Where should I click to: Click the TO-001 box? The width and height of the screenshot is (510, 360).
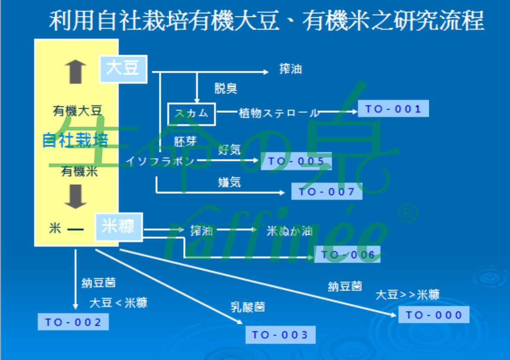point(393,109)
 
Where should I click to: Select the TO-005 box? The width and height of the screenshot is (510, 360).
point(296,161)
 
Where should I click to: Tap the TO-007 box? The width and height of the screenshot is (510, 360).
point(326,192)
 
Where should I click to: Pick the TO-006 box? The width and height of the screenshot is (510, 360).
point(347,255)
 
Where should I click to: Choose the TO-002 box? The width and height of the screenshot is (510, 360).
point(73,322)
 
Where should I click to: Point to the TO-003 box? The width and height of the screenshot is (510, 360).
point(280,335)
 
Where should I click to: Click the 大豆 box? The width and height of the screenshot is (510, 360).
point(123,69)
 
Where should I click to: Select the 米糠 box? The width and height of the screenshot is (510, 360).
point(119,227)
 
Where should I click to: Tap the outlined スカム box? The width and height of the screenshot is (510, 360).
point(191,113)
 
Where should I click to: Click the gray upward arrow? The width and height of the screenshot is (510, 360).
point(76,72)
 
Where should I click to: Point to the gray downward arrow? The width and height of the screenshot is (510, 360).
point(76,196)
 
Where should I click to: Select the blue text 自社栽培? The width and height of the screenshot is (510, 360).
point(75,140)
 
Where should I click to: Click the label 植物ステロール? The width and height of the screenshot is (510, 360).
point(279,114)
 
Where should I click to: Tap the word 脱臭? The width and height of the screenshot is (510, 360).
point(226,88)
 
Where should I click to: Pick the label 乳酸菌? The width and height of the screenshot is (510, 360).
point(247,307)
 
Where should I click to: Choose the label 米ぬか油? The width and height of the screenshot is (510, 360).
point(289,231)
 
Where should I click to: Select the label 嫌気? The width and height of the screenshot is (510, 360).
point(229,182)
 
